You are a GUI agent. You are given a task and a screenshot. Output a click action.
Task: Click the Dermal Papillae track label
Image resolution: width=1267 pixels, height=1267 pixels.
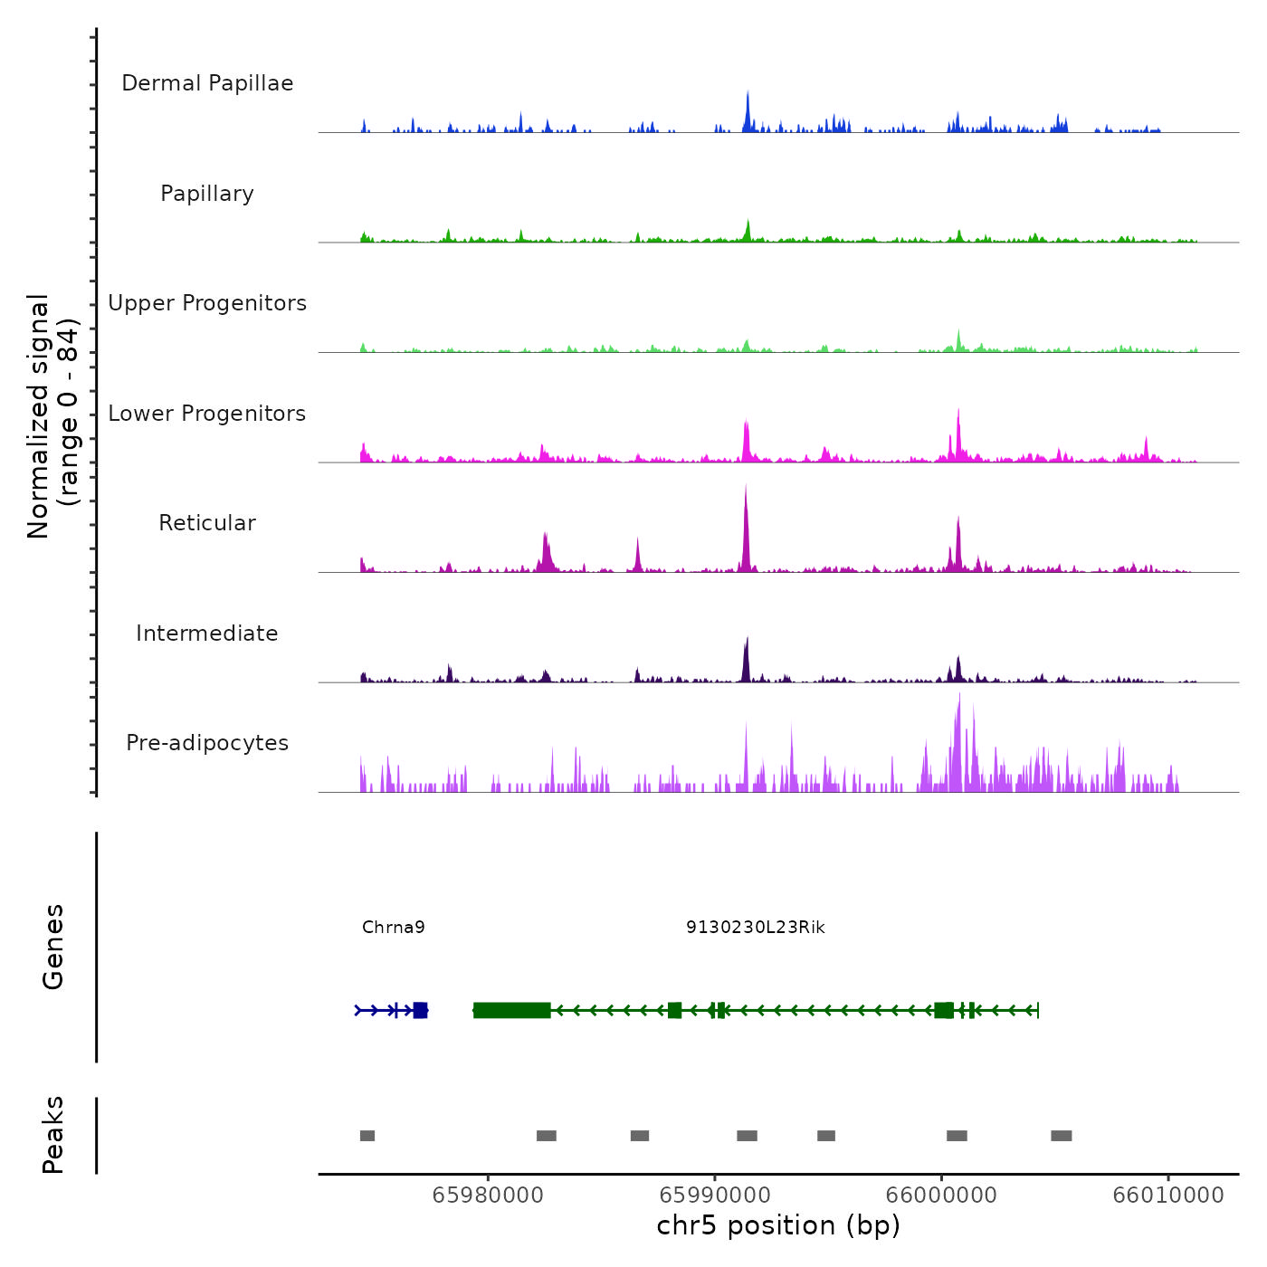pyautogui.click(x=207, y=83)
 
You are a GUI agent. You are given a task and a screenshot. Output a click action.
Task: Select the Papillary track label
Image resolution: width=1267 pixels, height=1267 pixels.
pyautogui.click(x=207, y=194)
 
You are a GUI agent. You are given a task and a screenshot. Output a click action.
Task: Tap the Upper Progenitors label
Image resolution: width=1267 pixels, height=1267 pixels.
pyautogui.click(x=207, y=303)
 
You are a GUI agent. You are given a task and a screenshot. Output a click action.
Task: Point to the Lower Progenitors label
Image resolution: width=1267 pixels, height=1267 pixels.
pyautogui.click(x=207, y=414)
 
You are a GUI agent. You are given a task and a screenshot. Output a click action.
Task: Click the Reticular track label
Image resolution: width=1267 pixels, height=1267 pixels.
pyautogui.click(x=207, y=523)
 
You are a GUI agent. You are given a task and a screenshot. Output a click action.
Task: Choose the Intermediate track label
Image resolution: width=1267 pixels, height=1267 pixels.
pyautogui.click(x=207, y=633)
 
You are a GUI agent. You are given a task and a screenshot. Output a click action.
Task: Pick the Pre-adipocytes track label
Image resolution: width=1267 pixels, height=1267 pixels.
pyautogui.click(x=207, y=743)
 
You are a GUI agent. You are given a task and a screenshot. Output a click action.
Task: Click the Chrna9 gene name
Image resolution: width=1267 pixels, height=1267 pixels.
pyautogui.click(x=394, y=928)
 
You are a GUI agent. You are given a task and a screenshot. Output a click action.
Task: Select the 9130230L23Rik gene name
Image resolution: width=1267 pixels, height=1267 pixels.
pyautogui.click(x=756, y=928)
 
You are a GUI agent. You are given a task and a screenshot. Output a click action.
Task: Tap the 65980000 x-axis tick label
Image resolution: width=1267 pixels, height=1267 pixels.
pyautogui.click(x=488, y=1196)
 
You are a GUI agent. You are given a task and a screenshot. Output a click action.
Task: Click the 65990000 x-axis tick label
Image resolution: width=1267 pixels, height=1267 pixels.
pyautogui.click(x=715, y=1196)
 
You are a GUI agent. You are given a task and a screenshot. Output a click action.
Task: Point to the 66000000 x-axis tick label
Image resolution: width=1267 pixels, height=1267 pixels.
pyautogui.click(x=941, y=1196)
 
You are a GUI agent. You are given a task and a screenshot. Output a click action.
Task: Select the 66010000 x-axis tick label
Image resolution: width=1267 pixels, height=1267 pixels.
pyautogui.click(x=1168, y=1196)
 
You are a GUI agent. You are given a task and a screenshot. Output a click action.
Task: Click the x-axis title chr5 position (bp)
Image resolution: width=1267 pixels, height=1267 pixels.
pyautogui.click(x=778, y=1226)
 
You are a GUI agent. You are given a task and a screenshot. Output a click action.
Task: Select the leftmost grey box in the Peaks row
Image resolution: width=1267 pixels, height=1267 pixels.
pyautogui.click(x=367, y=1136)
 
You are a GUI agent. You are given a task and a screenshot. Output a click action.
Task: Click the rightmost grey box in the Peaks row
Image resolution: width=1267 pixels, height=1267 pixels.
pyautogui.click(x=1062, y=1136)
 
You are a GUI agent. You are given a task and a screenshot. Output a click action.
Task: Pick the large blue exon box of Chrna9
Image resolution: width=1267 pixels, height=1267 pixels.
pyautogui.click(x=420, y=1010)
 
